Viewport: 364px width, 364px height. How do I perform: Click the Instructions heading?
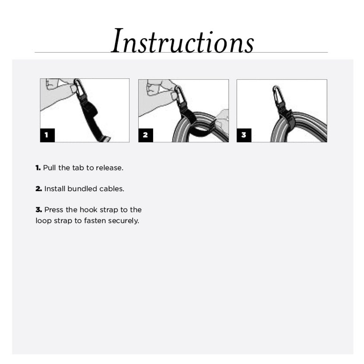click(x=182, y=41)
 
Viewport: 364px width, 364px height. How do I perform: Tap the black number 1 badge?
click(x=47, y=135)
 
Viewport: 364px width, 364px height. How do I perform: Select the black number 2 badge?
click(x=145, y=135)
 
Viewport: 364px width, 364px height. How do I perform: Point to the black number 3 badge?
click(x=244, y=135)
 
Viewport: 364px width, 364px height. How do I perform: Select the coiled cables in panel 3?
click(x=303, y=127)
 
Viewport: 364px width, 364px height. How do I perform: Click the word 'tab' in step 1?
click(x=78, y=168)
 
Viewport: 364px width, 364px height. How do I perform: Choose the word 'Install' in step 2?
click(x=55, y=189)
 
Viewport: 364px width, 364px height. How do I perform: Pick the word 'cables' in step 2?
click(x=111, y=189)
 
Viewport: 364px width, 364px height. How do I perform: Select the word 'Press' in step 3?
click(x=54, y=210)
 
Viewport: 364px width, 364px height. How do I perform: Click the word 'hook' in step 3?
click(x=89, y=210)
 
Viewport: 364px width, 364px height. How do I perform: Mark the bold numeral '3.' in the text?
click(x=38, y=210)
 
